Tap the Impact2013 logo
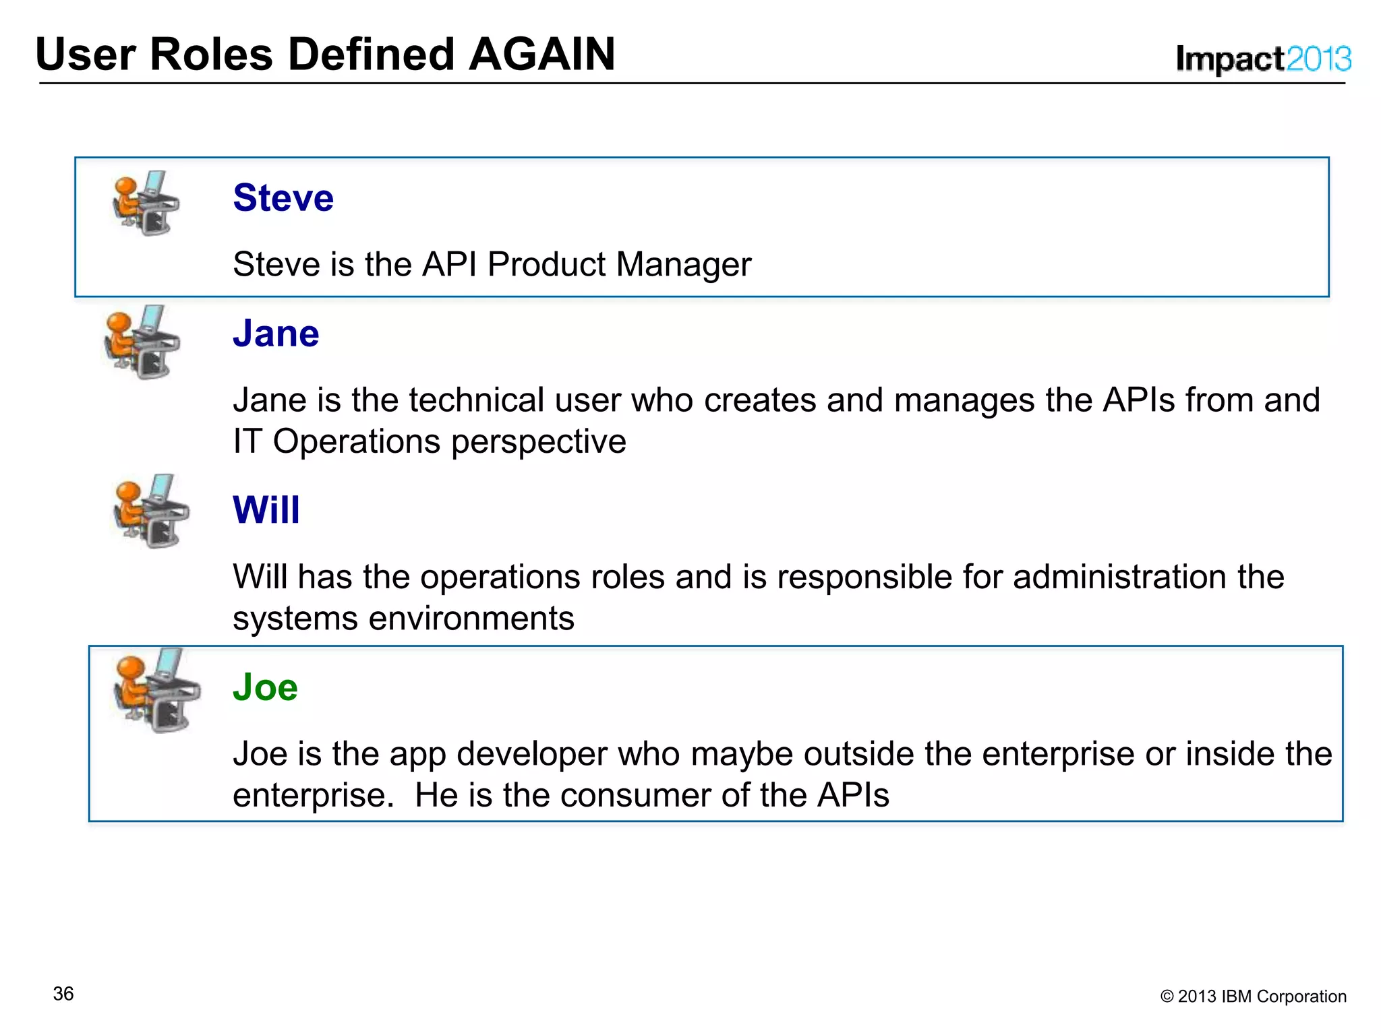pyautogui.click(x=1263, y=59)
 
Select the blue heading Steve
pyautogui.click(x=283, y=197)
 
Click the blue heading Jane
pyautogui.click(x=276, y=334)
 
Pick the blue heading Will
pyautogui.click(x=266, y=509)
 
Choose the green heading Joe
pyautogui.click(x=265, y=687)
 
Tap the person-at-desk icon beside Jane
pyautogui.click(x=142, y=342)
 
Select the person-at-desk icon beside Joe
pyautogui.click(x=156, y=690)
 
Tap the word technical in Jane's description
pyautogui.click(x=475, y=400)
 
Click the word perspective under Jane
pyautogui.click(x=538, y=442)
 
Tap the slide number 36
pyautogui.click(x=63, y=994)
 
